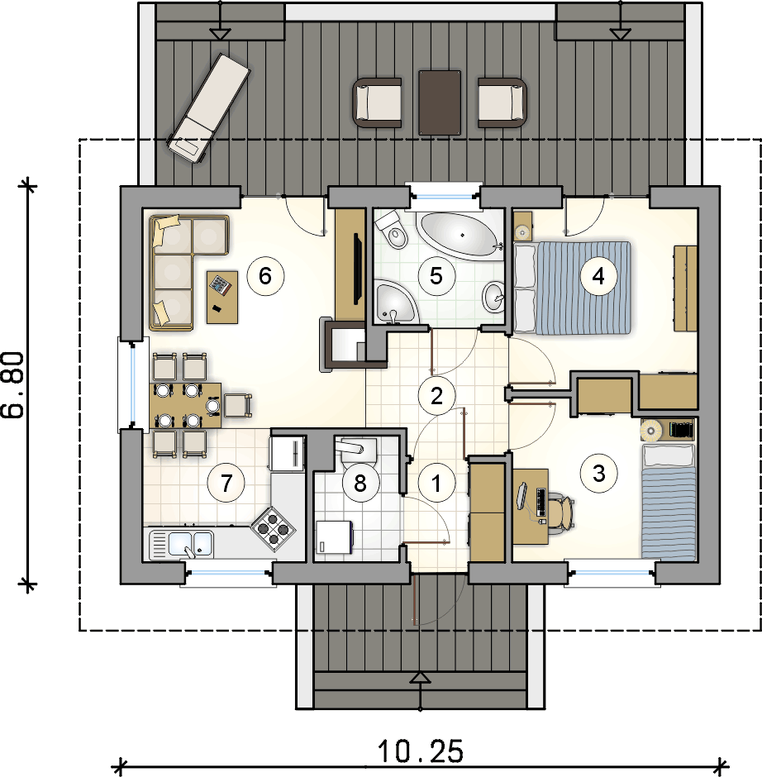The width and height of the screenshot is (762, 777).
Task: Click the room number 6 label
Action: (265, 275)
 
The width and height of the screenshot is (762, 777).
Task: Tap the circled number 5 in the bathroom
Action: (436, 276)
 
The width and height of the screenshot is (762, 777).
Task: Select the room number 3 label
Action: (598, 474)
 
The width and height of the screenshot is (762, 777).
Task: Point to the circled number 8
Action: (360, 483)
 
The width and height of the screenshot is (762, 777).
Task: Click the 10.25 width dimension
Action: (421, 751)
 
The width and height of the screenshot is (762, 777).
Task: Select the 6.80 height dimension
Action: (12, 385)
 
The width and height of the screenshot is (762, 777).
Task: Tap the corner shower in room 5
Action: (395, 302)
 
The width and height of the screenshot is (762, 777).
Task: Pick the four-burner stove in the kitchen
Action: (273, 529)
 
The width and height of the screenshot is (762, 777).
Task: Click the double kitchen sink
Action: (181, 545)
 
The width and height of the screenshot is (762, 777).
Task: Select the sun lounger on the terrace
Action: (208, 108)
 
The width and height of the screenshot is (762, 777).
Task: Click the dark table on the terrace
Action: (440, 102)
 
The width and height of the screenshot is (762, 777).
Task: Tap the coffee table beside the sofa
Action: (222, 297)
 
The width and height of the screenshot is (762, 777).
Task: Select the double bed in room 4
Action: (572, 288)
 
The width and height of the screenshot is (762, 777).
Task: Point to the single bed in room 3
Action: (669, 502)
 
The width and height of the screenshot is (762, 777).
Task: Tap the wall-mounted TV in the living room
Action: (357, 268)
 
